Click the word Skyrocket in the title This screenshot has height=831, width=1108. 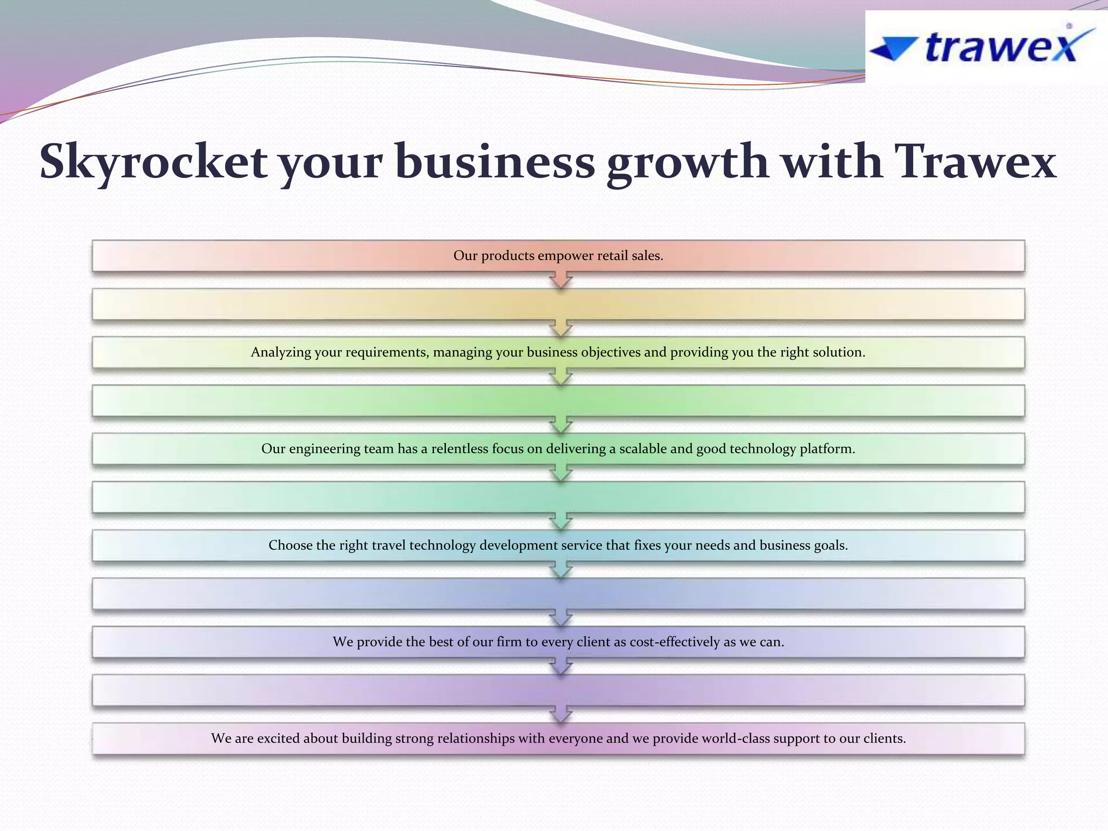click(x=153, y=162)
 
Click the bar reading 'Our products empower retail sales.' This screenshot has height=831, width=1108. click(x=558, y=256)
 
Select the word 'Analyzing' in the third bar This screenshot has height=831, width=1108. click(x=280, y=353)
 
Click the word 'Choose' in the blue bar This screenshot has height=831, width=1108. click(x=291, y=545)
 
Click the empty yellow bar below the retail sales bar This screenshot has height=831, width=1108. click(x=558, y=304)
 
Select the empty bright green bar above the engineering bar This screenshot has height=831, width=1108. click(x=558, y=400)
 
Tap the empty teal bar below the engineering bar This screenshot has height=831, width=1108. click(x=558, y=497)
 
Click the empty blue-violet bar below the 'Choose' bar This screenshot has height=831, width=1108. click(x=558, y=593)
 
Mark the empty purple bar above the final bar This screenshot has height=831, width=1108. click(x=558, y=690)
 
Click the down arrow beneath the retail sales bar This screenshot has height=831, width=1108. click(x=561, y=280)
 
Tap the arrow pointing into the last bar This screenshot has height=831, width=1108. click(x=561, y=715)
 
